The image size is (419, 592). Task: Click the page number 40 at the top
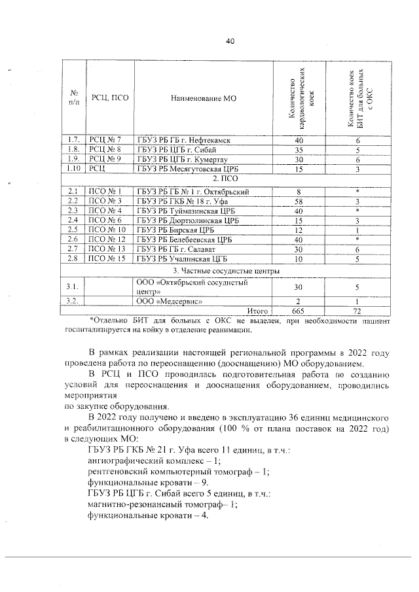pos(230,41)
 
